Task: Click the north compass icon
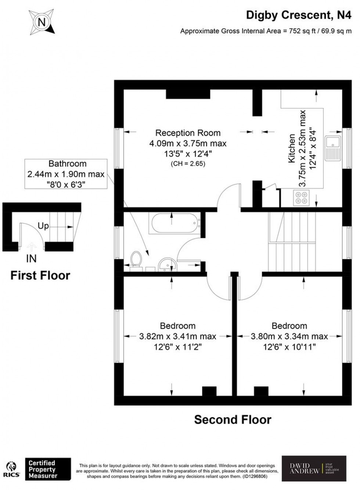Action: point(42,22)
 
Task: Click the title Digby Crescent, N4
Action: point(298,15)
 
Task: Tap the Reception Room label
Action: point(188,133)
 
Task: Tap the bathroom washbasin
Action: point(167,264)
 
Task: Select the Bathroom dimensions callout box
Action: point(66,174)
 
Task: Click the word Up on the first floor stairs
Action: point(43,226)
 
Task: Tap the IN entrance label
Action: point(31,259)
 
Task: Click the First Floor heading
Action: point(40,275)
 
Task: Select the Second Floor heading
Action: point(233,419)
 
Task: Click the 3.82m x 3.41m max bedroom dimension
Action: point(178,336)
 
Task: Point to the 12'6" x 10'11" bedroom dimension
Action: point(289,347)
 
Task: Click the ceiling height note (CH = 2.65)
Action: point(188,164)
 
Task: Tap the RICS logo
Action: point(11,470)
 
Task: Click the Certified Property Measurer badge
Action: point(48,469)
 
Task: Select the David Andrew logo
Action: point(314,468)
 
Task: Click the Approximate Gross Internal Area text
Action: point(266,31)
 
